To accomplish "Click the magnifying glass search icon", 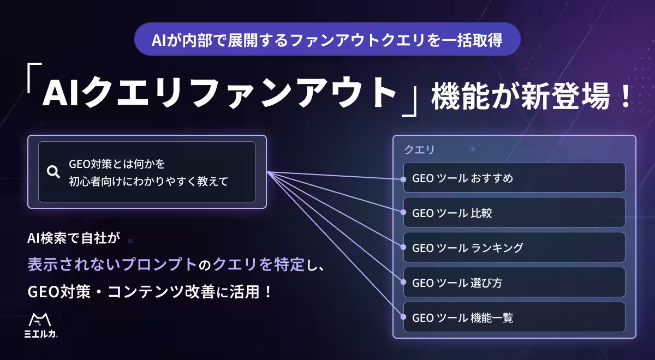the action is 53,172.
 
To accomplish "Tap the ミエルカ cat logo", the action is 40,325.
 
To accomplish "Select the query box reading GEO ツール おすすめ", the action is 514,177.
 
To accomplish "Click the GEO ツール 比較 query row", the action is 514,212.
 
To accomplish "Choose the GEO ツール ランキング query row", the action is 514,247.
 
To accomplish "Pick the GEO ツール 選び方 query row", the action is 514,283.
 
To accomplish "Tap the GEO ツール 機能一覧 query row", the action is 514,317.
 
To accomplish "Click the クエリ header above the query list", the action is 419,149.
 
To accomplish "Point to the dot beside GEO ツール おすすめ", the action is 403,179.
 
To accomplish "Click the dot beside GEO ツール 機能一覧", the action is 403,317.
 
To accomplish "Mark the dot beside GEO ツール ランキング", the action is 403,247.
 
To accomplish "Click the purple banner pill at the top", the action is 327,39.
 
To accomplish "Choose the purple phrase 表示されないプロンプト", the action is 112,264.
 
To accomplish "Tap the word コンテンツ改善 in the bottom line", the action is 162,292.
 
